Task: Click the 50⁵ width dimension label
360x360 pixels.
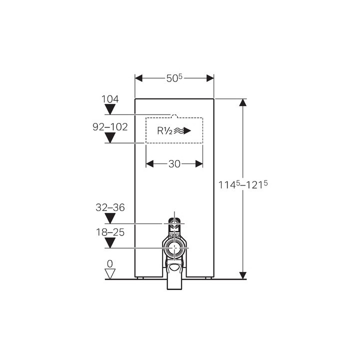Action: pyautogui.click(x=174, y=78)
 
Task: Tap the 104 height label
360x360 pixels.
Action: pyautogui.click(x=110, y=99)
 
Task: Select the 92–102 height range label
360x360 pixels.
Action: pyautogui.click(x=110, y=127)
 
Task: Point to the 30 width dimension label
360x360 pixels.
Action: pyautogui.click(x=174, y=164)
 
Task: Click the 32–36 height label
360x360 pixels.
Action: pyautogui.click(x=110, y=207)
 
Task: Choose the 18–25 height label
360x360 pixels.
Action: pyautogui.click(x=110, y=232)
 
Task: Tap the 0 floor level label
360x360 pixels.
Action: pyautogui.click(x=110, y=264)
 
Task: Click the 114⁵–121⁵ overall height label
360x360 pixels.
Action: pyautogui.click(x=243, y=184)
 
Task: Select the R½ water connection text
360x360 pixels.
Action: pyautogui.click(x=164, y=131)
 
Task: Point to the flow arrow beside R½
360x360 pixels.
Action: pyautogui.click(x=182, y=131)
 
